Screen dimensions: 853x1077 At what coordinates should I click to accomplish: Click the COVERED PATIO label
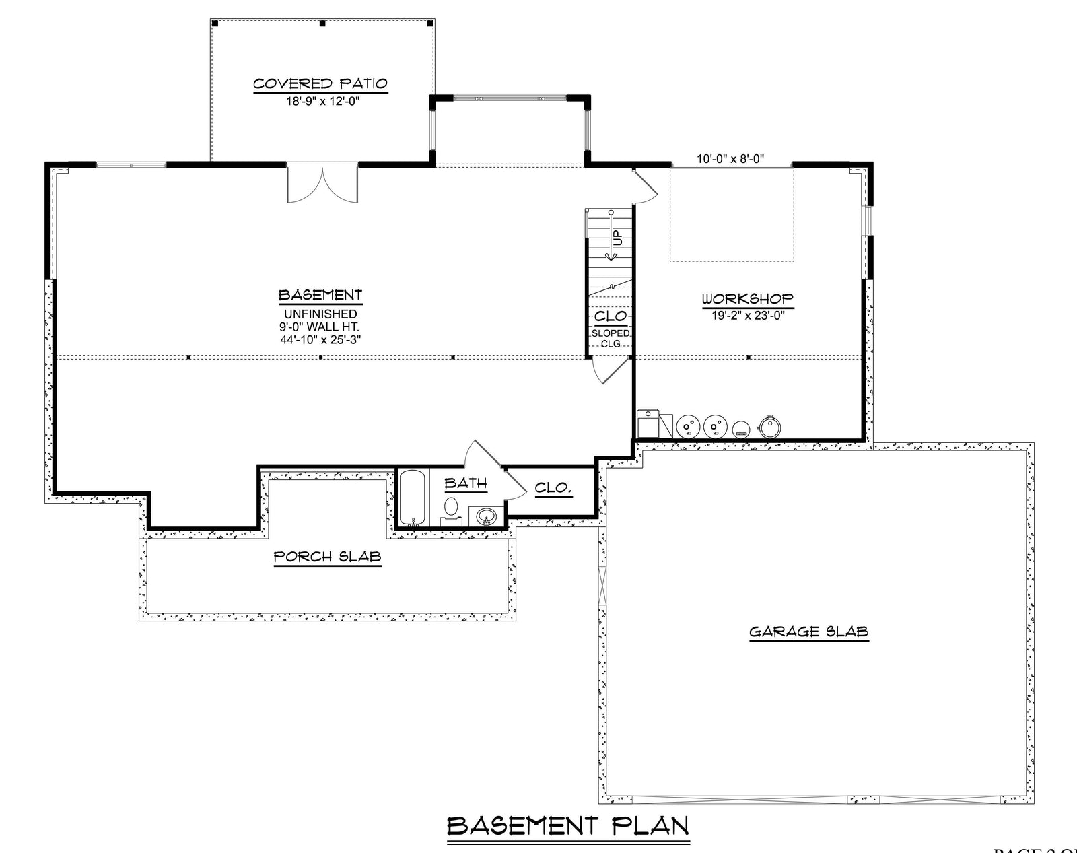pos(320,84)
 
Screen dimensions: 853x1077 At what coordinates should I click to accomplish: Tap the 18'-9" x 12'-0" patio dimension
pos(320,103)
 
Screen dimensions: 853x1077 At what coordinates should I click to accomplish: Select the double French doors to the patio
pos(322,183)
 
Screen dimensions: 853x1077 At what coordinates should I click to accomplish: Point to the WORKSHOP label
pos(747,299)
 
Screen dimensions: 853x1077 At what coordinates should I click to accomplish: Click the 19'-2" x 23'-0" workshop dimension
pos(747,314)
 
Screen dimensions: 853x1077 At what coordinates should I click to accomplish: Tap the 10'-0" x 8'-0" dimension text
pos(730,160)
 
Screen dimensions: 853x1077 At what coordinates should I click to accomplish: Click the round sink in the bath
pos(486,517)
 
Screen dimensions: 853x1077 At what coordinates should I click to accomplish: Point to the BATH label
pos(465,483)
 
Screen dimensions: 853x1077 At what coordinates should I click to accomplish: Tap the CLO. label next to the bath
pos(553,489)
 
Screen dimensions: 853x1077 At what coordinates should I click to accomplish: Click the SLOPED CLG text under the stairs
pos(611,338)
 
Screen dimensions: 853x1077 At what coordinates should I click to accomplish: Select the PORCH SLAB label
pos(327,557)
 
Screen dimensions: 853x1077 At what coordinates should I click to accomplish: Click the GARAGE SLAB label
pos(808,632)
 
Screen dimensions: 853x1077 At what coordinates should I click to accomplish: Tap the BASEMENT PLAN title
pos(568,826)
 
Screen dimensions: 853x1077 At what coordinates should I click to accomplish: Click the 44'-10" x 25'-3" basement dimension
pos(321,339)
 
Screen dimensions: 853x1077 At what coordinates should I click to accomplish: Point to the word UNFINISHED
pos(320,314)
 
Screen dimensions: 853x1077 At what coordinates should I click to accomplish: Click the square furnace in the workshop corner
pos(648,423)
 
